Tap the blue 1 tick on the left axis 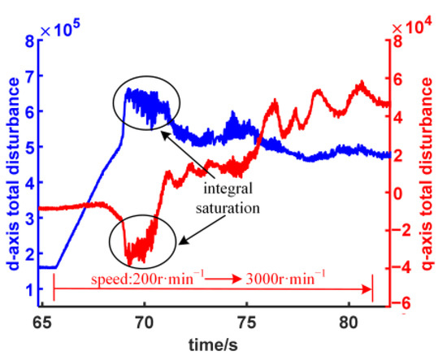pyautogui.click(x=30, y=289)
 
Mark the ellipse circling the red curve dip pyautogui.click(x=142, y=241)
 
